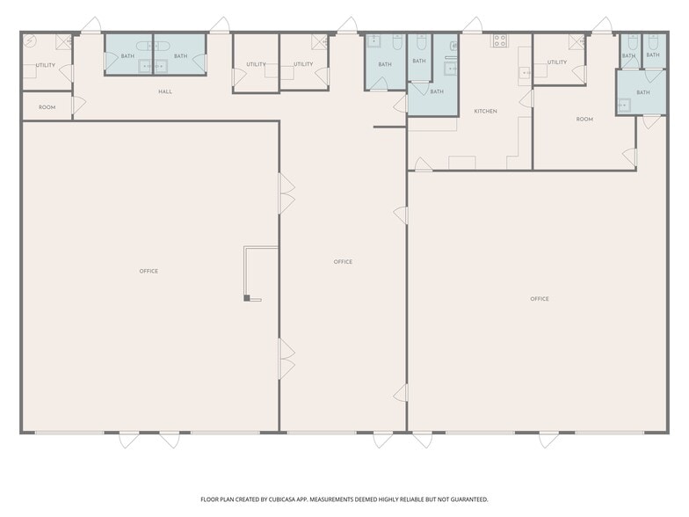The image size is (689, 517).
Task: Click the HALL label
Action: tap(165, 91)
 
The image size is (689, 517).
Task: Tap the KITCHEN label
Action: tap(485, 111)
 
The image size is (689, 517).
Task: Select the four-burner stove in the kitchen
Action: tap(499, 40)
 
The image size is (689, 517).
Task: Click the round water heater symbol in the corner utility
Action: tap(30, 41)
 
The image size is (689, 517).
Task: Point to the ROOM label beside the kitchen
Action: tap(584, 120)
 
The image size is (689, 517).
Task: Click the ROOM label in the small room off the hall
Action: tap(47, 107)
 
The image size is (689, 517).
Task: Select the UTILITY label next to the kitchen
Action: tap(557, 62)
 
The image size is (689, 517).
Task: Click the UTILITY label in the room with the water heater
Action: tap(46, 65)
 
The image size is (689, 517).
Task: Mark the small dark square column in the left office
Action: tap(247, 298)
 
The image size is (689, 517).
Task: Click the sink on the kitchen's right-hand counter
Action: tap(526, 72)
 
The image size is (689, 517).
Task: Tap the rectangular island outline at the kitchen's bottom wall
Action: tap(462, 163)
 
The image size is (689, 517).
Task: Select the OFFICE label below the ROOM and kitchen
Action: tap(540, 299)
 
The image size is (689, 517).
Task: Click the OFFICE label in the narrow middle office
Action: tap(343, 262)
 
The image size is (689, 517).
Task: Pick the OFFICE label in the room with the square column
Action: tap(149, 271)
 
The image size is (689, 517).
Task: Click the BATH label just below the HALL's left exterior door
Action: tap(128, 56)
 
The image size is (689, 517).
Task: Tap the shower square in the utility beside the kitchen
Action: tap(577, 42)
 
